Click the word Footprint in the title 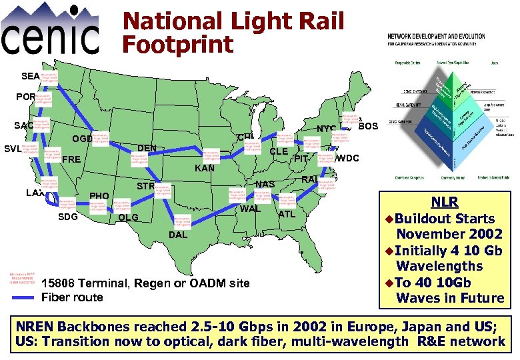coord(178,45)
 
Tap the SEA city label coord(30,76)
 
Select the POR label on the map coord(27,97)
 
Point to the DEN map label coord(147,148)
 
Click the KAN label coord(204,169)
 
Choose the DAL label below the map coord(178,236)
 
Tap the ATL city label coord(287,214)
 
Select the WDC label coord(348,159)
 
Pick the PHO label coord(99,196)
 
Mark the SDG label coord(68,218)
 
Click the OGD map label coord(82,139)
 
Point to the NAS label coord(265,184)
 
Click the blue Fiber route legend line coord(24,297)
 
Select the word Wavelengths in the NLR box coord(439,266)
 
